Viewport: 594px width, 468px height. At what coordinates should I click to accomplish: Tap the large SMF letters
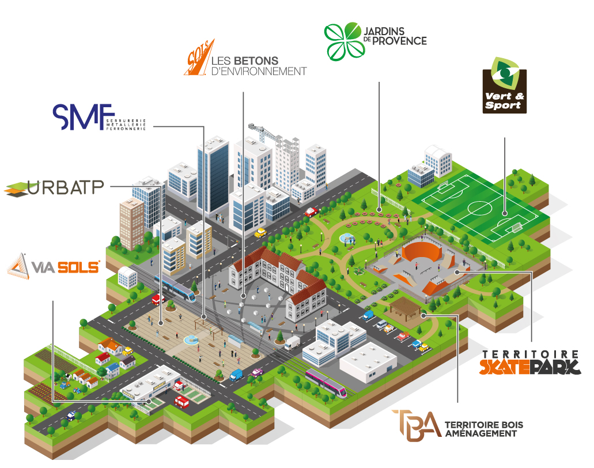coord(77,117)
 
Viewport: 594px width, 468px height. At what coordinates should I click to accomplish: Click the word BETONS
coord(256,61)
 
